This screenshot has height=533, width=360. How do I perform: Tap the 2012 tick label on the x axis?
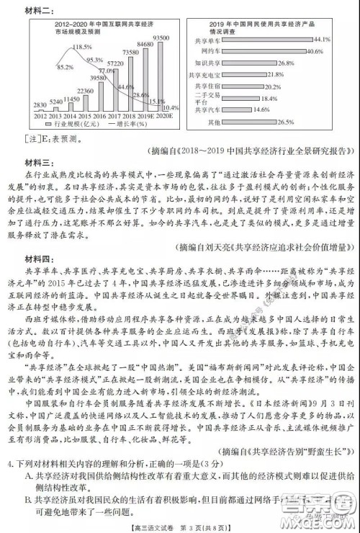click(x=40, y=115)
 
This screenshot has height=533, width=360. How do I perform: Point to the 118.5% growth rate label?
click(x=82, y=46)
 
